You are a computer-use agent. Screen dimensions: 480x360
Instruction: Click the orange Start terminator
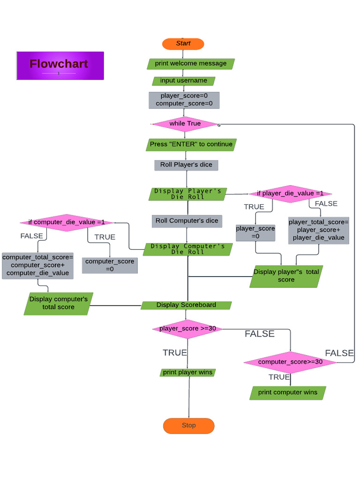183,44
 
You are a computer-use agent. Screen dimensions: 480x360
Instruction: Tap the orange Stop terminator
188,426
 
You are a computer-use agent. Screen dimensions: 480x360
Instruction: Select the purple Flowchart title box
60,66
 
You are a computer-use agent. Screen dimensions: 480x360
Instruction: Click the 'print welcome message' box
191,64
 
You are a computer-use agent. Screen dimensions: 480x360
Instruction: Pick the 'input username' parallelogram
183,81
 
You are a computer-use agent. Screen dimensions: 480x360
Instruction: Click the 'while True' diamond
185,124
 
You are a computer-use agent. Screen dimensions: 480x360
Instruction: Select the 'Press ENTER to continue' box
191,144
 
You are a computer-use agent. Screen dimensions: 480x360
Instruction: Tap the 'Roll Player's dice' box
186,165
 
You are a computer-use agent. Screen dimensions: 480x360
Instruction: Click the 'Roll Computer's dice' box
187,221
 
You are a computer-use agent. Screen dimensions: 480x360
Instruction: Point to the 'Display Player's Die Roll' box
187,194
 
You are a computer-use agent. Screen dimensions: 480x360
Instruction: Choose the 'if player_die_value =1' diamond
290,194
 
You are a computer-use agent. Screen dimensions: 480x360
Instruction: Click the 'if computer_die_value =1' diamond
67,222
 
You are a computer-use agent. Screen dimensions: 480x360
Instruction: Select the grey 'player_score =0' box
255,233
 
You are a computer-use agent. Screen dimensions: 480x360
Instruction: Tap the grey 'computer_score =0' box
110,265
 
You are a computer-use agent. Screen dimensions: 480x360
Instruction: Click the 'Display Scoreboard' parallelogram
186,305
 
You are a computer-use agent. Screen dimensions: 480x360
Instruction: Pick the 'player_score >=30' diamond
187,329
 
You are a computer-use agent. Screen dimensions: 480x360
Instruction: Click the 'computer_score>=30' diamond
290,362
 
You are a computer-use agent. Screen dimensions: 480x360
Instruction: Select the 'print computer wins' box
287,393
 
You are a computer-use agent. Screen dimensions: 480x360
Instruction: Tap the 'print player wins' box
187,373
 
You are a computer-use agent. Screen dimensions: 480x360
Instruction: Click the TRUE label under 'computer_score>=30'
279,377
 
